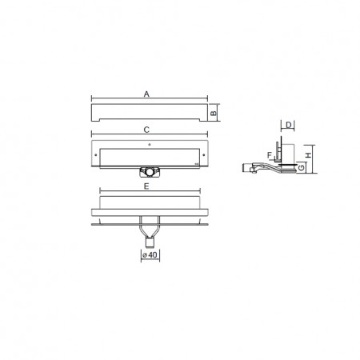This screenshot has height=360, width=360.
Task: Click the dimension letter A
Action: (146, 94)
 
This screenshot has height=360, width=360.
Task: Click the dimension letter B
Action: (214, 113)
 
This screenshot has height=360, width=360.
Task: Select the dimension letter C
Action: (146, 130)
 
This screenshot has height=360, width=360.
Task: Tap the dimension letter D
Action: (289, 125)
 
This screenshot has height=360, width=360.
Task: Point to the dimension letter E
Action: (146, 186)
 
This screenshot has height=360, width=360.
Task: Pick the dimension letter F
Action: (270, 155)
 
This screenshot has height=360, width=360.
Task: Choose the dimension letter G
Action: (301, 167)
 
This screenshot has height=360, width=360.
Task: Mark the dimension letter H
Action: (308, 155)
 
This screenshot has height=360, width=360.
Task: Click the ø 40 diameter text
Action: (150, 255)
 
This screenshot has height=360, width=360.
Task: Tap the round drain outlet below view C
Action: (150, 172)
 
